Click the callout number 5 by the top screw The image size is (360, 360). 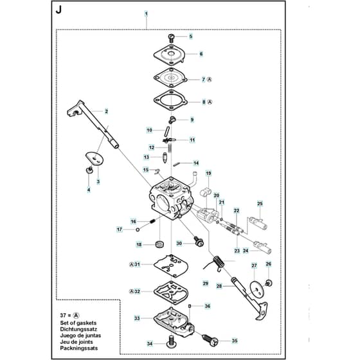[191, 36]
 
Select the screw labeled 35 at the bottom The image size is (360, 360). [210, 340]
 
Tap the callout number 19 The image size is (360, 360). [208, 173]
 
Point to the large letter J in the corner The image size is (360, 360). [59, 10]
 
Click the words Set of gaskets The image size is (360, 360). [78, 323]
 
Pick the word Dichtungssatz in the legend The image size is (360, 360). [78, 329]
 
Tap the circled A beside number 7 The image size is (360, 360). [209, 80]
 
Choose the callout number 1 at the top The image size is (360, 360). [147, 14]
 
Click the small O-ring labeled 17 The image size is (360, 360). [138, 230]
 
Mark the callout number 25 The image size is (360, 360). [260, 204]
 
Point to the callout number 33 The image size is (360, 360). [137, 318]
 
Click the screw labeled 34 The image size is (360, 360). [171, 342]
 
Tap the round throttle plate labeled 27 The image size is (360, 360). [257, 289]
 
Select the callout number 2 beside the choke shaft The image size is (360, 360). [106, 111]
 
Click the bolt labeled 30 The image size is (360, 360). [199, 241]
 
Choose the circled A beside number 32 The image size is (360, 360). [131, 291]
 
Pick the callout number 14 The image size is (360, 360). [196, 163]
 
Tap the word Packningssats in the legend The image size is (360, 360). [78, 348]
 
